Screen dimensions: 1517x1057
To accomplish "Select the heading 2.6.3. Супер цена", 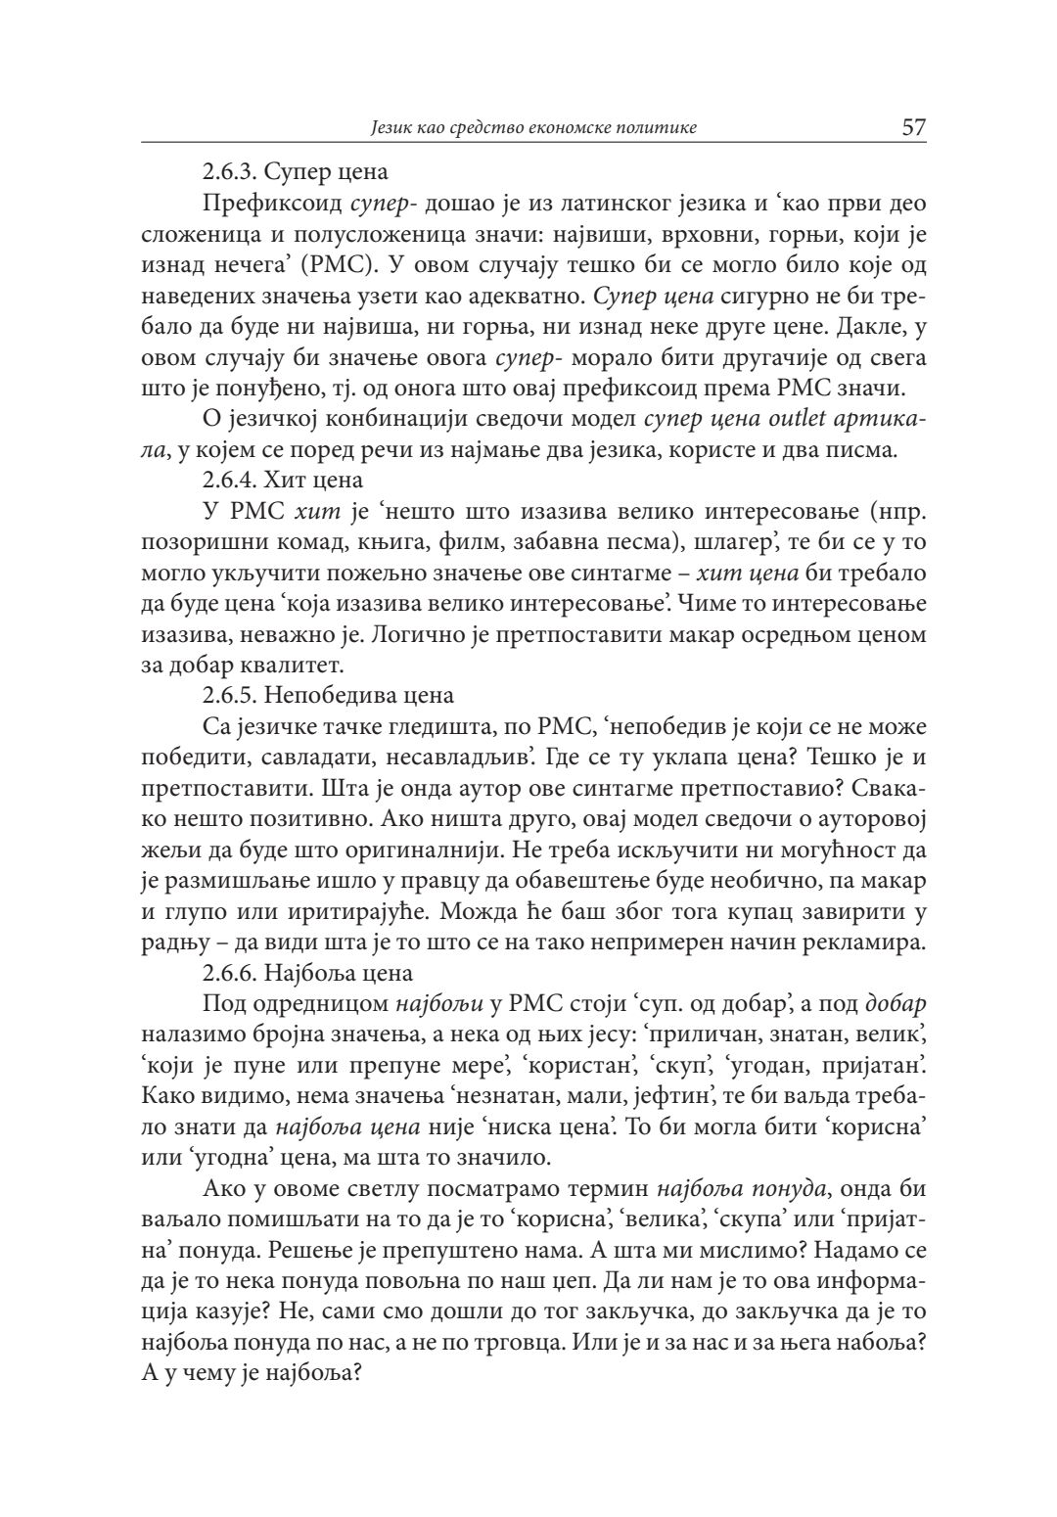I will pyautogui.click(x=295, y=172).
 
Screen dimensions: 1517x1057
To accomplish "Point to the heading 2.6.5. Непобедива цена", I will pyautogui.click(x=328, y=696).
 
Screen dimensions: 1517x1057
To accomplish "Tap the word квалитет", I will pyautogui.click(x=297, y=666).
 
